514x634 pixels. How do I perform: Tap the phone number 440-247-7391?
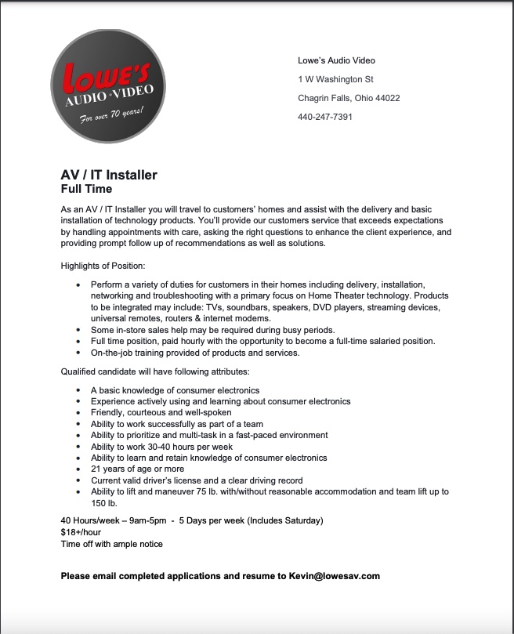tap(325, 117)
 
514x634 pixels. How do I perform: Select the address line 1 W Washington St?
tap(335, 79)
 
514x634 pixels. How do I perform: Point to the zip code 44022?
tap(387, 98)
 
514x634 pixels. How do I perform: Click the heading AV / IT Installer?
tap(109, 175)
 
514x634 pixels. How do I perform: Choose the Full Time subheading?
tap(86, 189)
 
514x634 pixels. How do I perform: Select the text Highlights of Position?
tap(103, 266)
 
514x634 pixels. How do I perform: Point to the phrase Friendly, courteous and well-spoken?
tap(161, 412)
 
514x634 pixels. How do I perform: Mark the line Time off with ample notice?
tap(111, 544)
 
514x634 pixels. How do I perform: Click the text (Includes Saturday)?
tap(272, 520)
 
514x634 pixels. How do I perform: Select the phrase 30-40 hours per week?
tap(192, 446)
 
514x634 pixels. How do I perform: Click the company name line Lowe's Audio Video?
tap(336, 60)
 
